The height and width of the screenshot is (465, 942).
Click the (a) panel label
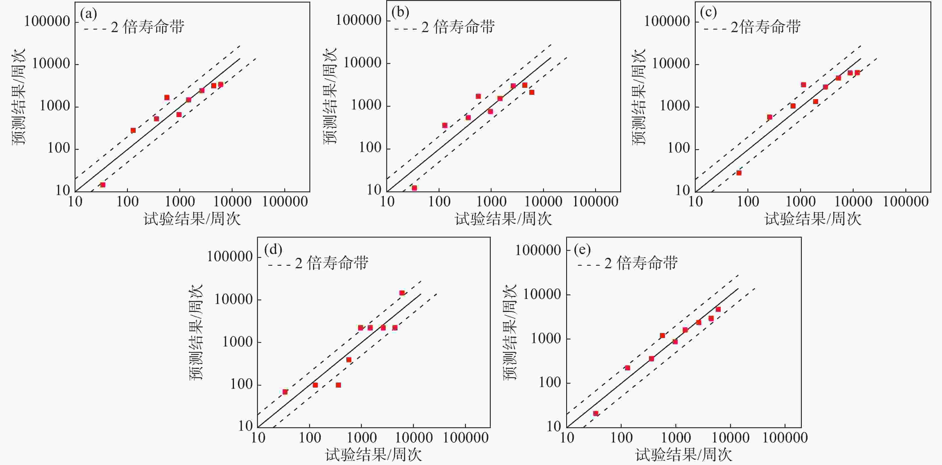click(88, 14)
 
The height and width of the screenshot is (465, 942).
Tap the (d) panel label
click(273, 250)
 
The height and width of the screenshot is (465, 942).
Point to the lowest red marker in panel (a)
click(103, 185)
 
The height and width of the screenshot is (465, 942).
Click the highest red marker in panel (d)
click(402, 293)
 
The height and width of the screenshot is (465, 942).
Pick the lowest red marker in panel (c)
click(739, 173)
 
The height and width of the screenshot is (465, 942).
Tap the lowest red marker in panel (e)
click(596, 413)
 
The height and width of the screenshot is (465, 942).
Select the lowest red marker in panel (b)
click(414, 188)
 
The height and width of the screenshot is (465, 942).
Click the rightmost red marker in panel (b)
click(532, 92)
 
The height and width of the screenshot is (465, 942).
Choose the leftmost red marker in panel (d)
click(285, 392)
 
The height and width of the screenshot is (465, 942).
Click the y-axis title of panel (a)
click(19, 97)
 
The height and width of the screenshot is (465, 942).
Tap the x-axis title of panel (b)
click(503, 219)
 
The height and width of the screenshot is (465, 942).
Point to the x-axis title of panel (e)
click(684, 455)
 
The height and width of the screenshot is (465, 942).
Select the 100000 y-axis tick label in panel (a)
click(47, 22)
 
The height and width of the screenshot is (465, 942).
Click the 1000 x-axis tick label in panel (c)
click(800, 202)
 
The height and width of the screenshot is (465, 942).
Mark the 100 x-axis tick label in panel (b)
click(439, 202)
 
